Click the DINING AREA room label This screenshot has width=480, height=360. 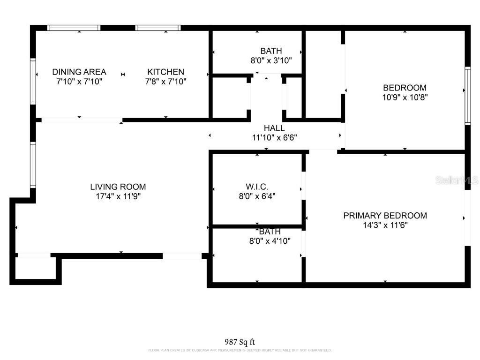coord(79,72)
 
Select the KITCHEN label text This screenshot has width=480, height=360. coord(165,72)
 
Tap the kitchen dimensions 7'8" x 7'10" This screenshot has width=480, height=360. coord(165,82)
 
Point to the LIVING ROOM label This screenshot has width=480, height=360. coord(118,187)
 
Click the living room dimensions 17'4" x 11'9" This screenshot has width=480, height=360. coord(118,196)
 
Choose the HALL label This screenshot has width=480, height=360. coord(274,128)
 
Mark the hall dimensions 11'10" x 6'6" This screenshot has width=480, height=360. coord(274,138)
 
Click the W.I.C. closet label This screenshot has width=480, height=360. coord(257,187)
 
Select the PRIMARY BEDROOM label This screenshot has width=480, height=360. coord(385,216)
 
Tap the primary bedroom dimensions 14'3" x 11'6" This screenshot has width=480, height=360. coord(385,225)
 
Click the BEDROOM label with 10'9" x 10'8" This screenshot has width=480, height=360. coord(405,88)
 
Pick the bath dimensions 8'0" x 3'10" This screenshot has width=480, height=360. coord(271,60)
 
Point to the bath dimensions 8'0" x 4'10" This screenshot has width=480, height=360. coord(270,241)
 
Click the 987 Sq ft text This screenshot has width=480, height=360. coord(240,342)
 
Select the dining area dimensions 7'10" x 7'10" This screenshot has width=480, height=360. coord(79,82)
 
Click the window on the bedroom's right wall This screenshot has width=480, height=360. coord(467,96)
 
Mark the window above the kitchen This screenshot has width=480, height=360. coord(158,28)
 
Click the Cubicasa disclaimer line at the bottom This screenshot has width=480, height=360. coord(240,350)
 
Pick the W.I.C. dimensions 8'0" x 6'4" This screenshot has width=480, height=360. coord(257,196)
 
